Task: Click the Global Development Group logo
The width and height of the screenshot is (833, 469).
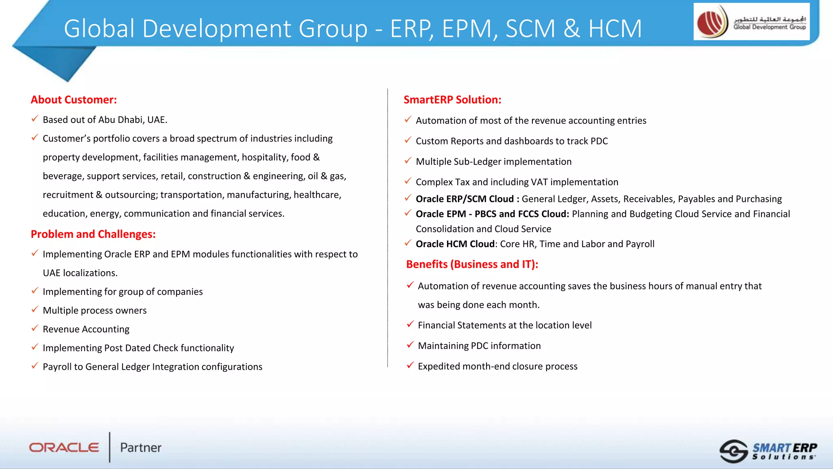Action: click(x=751, y=22)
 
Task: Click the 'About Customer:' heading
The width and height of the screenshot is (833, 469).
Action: click(x=74, y=100)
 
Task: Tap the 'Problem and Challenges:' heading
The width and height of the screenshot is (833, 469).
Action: click(x=93, y=234)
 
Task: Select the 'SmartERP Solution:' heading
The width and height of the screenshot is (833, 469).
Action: click(x=452, y=100)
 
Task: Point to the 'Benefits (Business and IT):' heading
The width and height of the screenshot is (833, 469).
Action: click(x=472, y=264)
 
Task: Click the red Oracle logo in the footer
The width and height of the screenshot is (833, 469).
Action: click(x=64, y=447)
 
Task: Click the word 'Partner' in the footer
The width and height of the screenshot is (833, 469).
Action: click(x=141, y=447)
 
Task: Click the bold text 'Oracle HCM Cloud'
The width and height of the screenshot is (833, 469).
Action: click(x=455, y=244)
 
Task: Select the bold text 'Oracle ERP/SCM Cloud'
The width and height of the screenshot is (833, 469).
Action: click(x=464, y=199)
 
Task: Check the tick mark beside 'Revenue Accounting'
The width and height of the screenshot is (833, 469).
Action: click(x=35, y=328)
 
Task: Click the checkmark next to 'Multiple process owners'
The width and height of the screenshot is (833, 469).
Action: click(x=35, y=309)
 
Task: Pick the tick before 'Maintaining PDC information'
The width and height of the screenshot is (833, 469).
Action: click(x=410, y=345)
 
